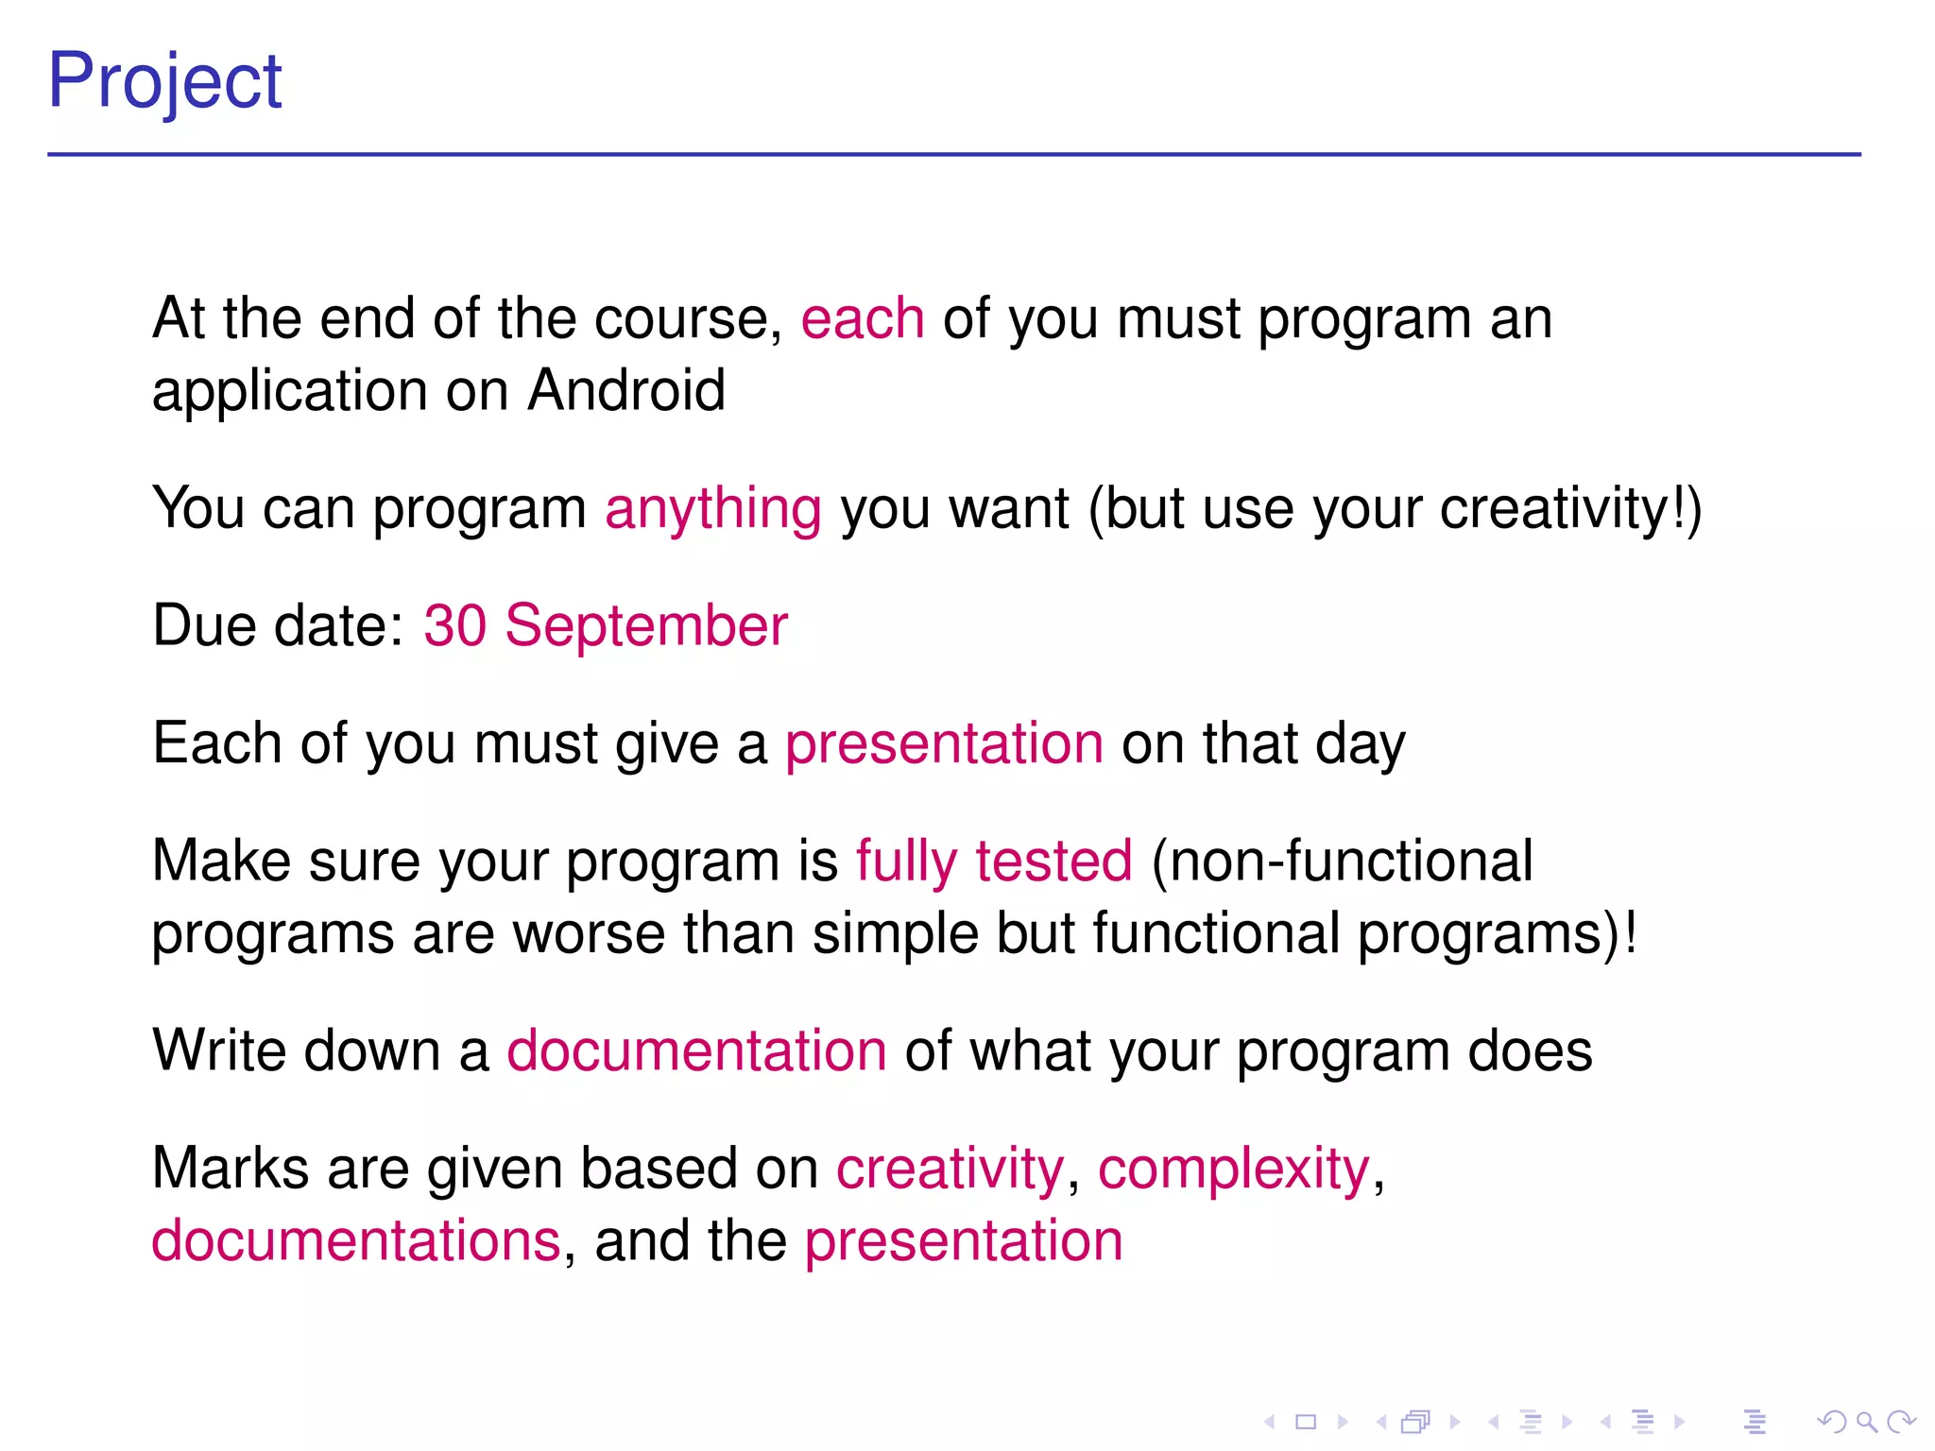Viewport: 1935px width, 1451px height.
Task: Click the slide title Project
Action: pyautogui.click(x=164, y=81)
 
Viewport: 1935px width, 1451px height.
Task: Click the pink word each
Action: pyautogui.click(x=862, y=318)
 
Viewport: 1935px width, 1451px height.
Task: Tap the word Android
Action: pyautogui.click(x=626, y=390)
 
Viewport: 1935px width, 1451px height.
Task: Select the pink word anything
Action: pyautogui.click(x=713, y=510)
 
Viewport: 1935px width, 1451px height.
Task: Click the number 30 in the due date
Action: pyautogui.click(x=454, y=625)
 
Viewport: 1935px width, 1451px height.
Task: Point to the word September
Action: pyautogui.click(x=646, y=627)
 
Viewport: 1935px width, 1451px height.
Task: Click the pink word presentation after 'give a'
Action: pyautogui.click(x=944, y=744)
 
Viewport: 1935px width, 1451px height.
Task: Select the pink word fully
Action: pyautogui.click(x=906, y=862)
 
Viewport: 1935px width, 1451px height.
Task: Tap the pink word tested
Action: pyautogui.click(x=1053, y=862)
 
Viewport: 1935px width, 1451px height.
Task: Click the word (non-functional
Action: pyautogui.click(x=1342, y=862)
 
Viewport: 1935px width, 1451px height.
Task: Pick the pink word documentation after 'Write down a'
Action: pyautogui.click(x=696, y=1051)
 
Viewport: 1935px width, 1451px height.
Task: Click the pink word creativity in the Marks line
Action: pyautogui.click(x=950, y=1169)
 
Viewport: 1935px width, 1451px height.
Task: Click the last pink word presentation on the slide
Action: pyautogui.click(x=964, y=1242)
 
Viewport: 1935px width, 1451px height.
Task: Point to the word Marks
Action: pyautogui.click(x=231, y=1169)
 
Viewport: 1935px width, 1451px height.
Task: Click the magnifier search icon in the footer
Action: pyautogui.click(x=1866, y=1422)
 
